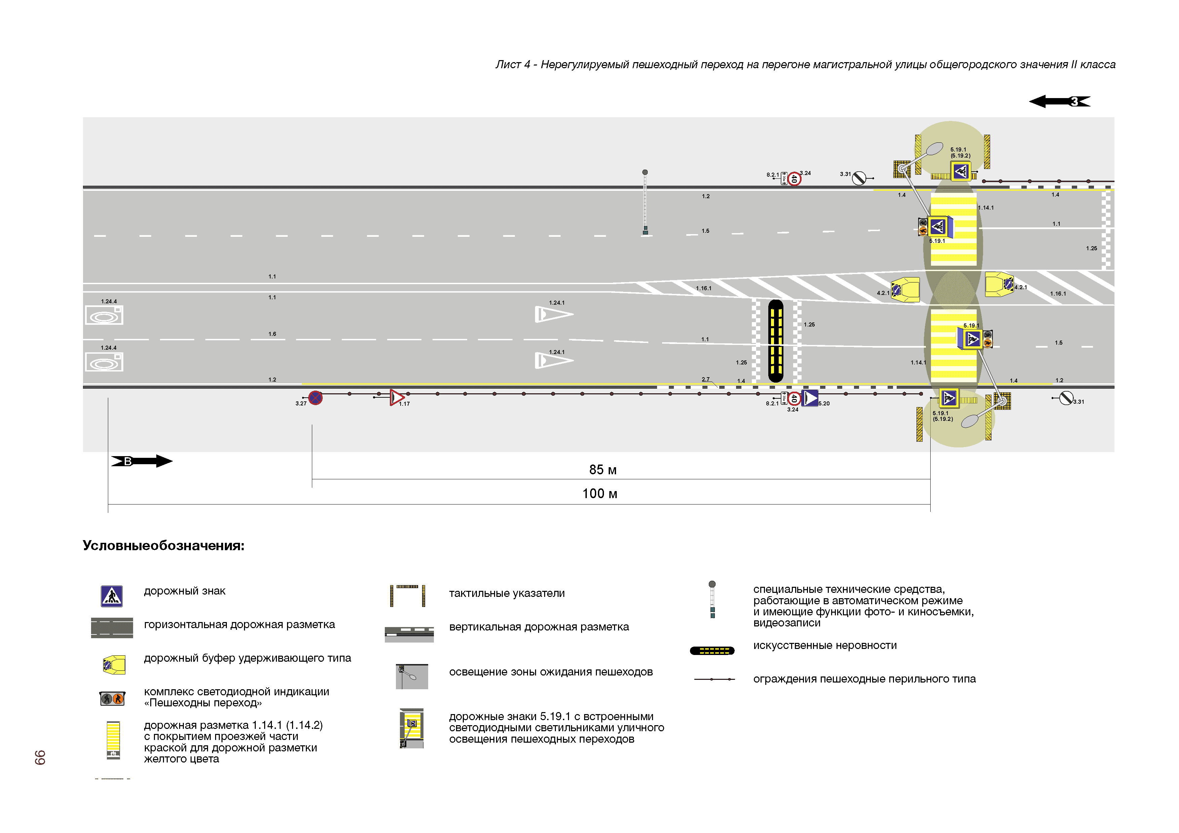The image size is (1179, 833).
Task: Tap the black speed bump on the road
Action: [775, 341]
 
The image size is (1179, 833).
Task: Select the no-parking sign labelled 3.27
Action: [315, 398]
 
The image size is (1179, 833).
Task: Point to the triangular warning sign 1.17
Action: [397, 397]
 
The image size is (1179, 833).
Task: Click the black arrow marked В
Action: [142, 461]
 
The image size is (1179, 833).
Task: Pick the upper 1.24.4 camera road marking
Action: [104, 315]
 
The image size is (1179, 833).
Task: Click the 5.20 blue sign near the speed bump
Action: [810, 398]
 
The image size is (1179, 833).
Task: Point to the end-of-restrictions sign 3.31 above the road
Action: [859, 178]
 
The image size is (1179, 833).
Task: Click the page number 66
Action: [40, 757]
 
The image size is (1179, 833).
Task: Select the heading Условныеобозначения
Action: [163, 545]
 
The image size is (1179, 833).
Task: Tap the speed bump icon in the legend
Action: [712, 651]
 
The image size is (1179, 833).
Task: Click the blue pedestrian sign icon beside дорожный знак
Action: [112, 596]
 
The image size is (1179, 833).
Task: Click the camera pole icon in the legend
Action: [712, 600]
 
